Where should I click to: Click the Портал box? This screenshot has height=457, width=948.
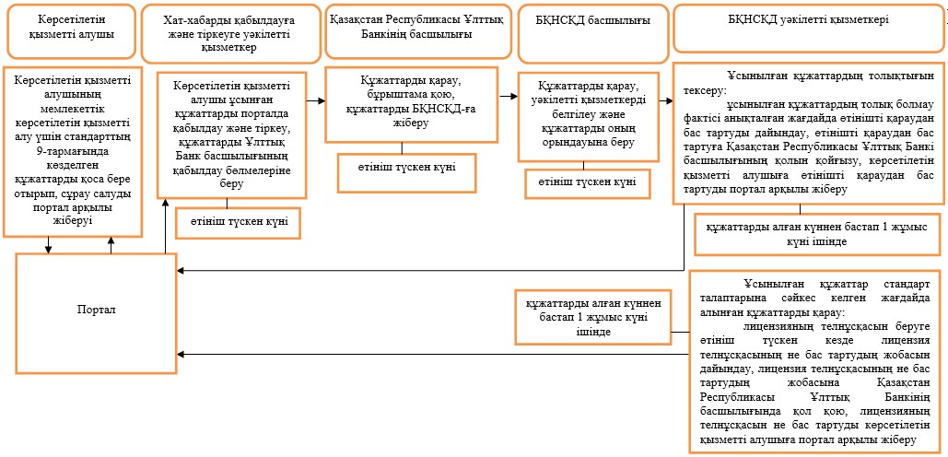[x=96, y=313]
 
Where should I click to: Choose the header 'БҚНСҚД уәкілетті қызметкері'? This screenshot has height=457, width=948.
[x=807, y=28]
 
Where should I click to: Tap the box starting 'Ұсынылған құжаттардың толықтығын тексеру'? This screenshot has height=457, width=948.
[x=808, y=132]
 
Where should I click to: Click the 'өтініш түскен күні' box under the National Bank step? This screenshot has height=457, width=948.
[x=407, y=172]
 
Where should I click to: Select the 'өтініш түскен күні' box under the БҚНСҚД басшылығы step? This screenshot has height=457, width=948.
[x=588, y=183]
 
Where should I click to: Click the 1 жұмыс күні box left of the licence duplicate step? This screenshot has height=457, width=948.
[x=591, y=315]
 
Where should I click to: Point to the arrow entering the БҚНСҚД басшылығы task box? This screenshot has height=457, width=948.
[x=508, y=96]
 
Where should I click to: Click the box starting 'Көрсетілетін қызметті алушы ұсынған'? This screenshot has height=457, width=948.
[x=231, y=135]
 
